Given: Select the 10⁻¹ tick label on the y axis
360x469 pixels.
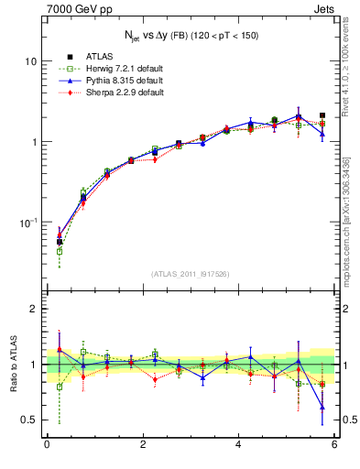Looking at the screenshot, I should (x=28, y=223).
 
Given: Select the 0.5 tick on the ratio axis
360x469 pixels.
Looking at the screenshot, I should (x=29, y=420).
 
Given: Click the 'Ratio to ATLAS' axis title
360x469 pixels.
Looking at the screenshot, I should (x=13, y=365).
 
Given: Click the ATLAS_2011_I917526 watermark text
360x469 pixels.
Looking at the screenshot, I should (x=191, y=274).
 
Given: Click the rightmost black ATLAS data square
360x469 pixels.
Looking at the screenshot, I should (x=322, y=116).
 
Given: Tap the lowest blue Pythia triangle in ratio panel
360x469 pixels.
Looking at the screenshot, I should (x=322, y=407).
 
